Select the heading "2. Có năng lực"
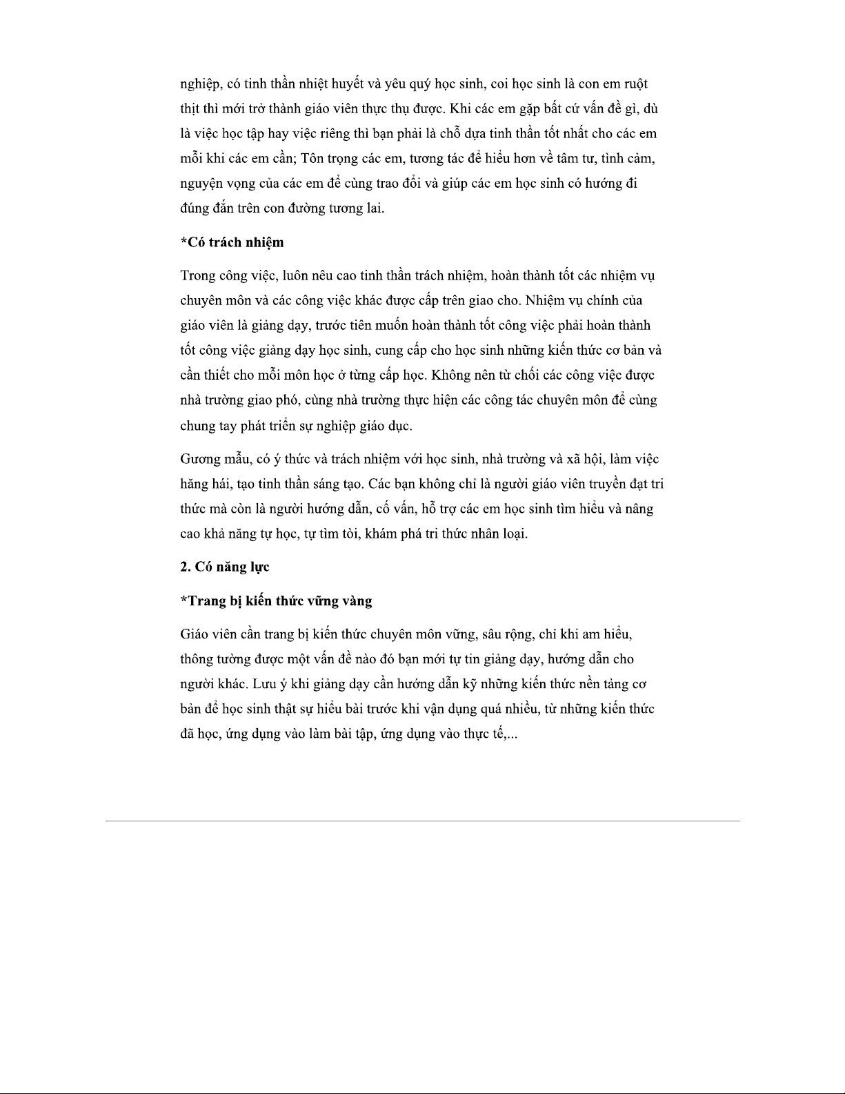pyautogui.click(x=224, y=567)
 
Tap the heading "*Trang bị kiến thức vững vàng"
pyautogui.click(x=276, y=600)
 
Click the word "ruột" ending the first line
pyautogui.click(x=635, y=84)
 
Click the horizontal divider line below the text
pyautogui.click(x=422, y=821)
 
